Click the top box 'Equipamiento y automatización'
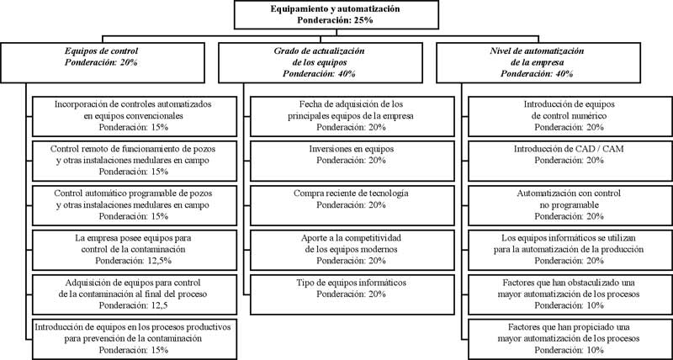336,14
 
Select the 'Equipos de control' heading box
102,62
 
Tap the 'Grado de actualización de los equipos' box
321,62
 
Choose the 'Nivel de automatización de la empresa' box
538,62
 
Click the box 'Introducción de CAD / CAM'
570,161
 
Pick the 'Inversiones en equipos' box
352,161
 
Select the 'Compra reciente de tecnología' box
352,205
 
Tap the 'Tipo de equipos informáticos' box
352,294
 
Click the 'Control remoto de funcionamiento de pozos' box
135,161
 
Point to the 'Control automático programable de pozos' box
135,205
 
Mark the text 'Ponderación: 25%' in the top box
335,19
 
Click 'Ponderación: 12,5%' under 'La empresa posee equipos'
134,261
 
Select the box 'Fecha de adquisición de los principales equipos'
352,116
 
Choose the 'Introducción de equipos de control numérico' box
570,116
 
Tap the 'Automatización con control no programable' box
570,205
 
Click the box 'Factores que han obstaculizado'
570,294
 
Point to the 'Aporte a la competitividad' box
352,250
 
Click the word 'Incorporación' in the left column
77,104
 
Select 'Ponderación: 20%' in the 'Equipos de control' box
101,62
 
